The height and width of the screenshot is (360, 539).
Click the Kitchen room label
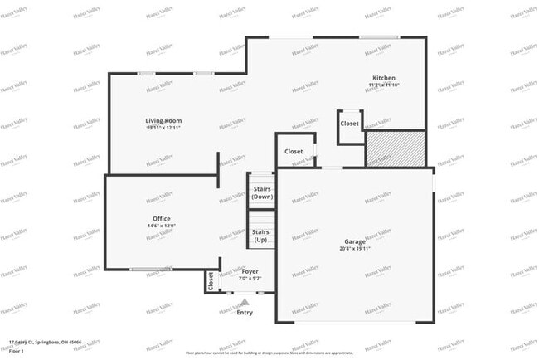coord(382,78)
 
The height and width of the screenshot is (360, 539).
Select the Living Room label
coord(163,121)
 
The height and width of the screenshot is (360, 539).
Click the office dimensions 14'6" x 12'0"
coord(138,226)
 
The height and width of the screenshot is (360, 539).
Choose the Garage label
coord(355,241)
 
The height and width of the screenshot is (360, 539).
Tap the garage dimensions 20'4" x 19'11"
coord(355,248)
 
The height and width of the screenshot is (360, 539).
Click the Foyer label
coord(250,271)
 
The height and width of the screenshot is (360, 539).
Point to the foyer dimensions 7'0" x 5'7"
coord(250,278)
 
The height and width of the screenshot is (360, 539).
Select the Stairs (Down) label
coord(262,193)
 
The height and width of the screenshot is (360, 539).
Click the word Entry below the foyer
coord(245,313)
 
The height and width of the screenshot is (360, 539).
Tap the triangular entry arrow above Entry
coord(244,303)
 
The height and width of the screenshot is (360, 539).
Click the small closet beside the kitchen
coord(349,124)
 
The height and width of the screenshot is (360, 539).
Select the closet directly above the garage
coord(294,152)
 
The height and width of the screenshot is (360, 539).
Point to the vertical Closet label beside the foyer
coord(211,281)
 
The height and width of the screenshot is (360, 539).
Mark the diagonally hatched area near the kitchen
coord(396,148)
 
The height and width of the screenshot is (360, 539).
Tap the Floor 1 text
coord(17,351)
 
